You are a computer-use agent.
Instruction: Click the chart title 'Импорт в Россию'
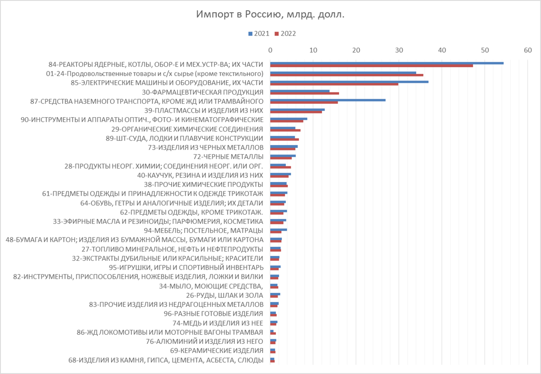270,15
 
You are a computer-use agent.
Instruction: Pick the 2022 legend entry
285,34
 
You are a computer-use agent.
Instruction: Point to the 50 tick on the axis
485,50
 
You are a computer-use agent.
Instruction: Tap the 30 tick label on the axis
399,50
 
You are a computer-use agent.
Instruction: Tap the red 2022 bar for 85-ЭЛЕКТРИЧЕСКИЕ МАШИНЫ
334,84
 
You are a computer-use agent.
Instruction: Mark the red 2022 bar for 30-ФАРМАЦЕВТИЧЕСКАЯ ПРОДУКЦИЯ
304,93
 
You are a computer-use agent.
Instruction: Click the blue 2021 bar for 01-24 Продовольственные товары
343,72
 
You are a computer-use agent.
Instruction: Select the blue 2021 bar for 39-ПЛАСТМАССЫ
297,109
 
